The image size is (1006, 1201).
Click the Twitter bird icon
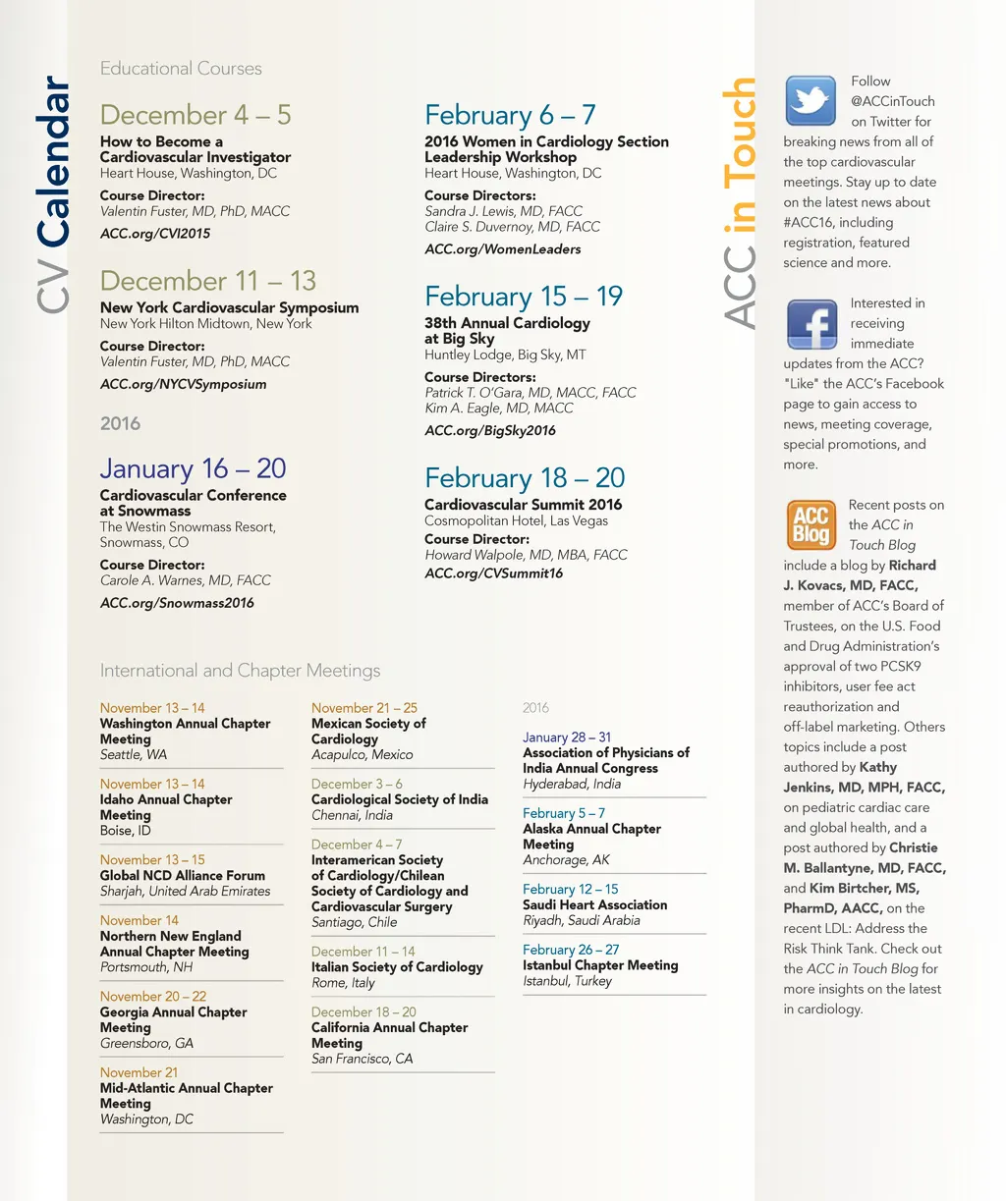810,100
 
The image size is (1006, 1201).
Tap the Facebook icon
811,325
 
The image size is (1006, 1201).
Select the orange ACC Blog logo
810,524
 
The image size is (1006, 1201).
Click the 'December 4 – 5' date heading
196,115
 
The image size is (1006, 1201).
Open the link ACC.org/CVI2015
155,234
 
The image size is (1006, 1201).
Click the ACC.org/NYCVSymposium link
183,384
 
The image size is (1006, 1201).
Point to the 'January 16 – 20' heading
193,468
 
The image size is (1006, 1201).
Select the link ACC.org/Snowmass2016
177,603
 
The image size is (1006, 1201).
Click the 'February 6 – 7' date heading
510,115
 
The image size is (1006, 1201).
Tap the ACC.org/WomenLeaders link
502,249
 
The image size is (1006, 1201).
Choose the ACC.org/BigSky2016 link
489,430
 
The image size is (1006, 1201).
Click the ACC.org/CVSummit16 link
493,573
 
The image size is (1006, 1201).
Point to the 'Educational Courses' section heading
181,69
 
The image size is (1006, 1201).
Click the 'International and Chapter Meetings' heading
240,671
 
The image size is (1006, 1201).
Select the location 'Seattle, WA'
134,755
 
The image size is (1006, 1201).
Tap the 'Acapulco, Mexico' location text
362,755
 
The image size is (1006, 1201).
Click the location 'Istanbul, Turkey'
567,981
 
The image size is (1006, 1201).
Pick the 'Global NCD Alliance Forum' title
183,876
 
